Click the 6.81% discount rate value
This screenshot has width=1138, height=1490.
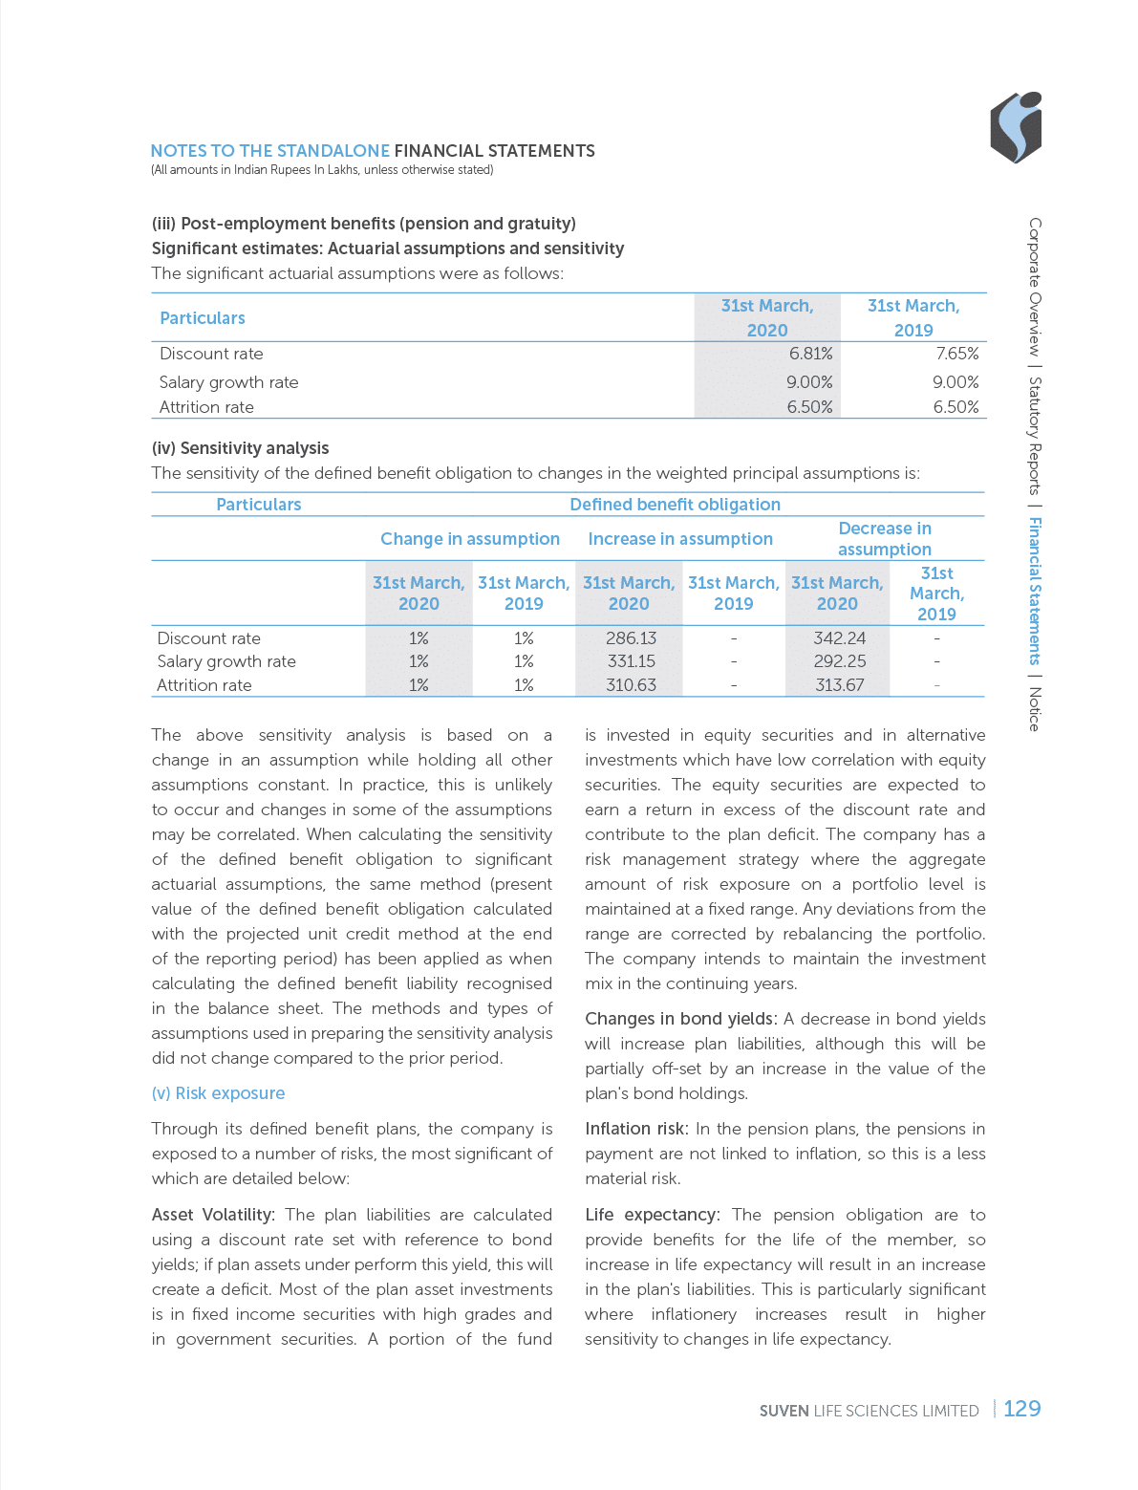click(810, 354)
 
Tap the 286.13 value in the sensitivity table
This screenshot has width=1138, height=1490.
click(631, 638)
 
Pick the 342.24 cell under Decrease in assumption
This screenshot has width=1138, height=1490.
click(839, 638)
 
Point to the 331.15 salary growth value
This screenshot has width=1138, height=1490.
click(631, 661)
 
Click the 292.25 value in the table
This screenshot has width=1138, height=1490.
click(839, 661)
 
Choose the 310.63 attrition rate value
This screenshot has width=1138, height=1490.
click(631, 685)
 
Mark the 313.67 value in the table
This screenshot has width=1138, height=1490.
click(839, 685)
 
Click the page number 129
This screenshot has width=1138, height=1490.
click(1021, 1409)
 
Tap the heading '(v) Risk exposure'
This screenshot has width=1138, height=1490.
click(218, 1093)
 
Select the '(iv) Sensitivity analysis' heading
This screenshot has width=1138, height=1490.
click(240, 448)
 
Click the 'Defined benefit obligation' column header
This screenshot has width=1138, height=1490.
click(675, 505)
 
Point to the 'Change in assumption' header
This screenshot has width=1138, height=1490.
click(470, 539)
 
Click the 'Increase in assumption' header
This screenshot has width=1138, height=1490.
click(680, 539)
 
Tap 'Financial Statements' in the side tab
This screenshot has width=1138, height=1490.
click(1034, 591)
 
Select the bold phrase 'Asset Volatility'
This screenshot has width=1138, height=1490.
click(212, 1215)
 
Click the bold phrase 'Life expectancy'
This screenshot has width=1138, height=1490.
click(650, 1215)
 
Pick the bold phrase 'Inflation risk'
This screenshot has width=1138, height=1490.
click(633, 1129)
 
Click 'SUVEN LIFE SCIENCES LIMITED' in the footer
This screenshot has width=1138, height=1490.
click(869, 1411)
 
